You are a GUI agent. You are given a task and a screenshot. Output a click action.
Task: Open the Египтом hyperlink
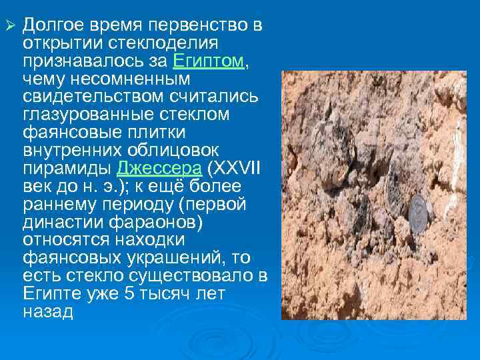click(209, 61)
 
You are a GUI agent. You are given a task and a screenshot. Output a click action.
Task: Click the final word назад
click(48, 311)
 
